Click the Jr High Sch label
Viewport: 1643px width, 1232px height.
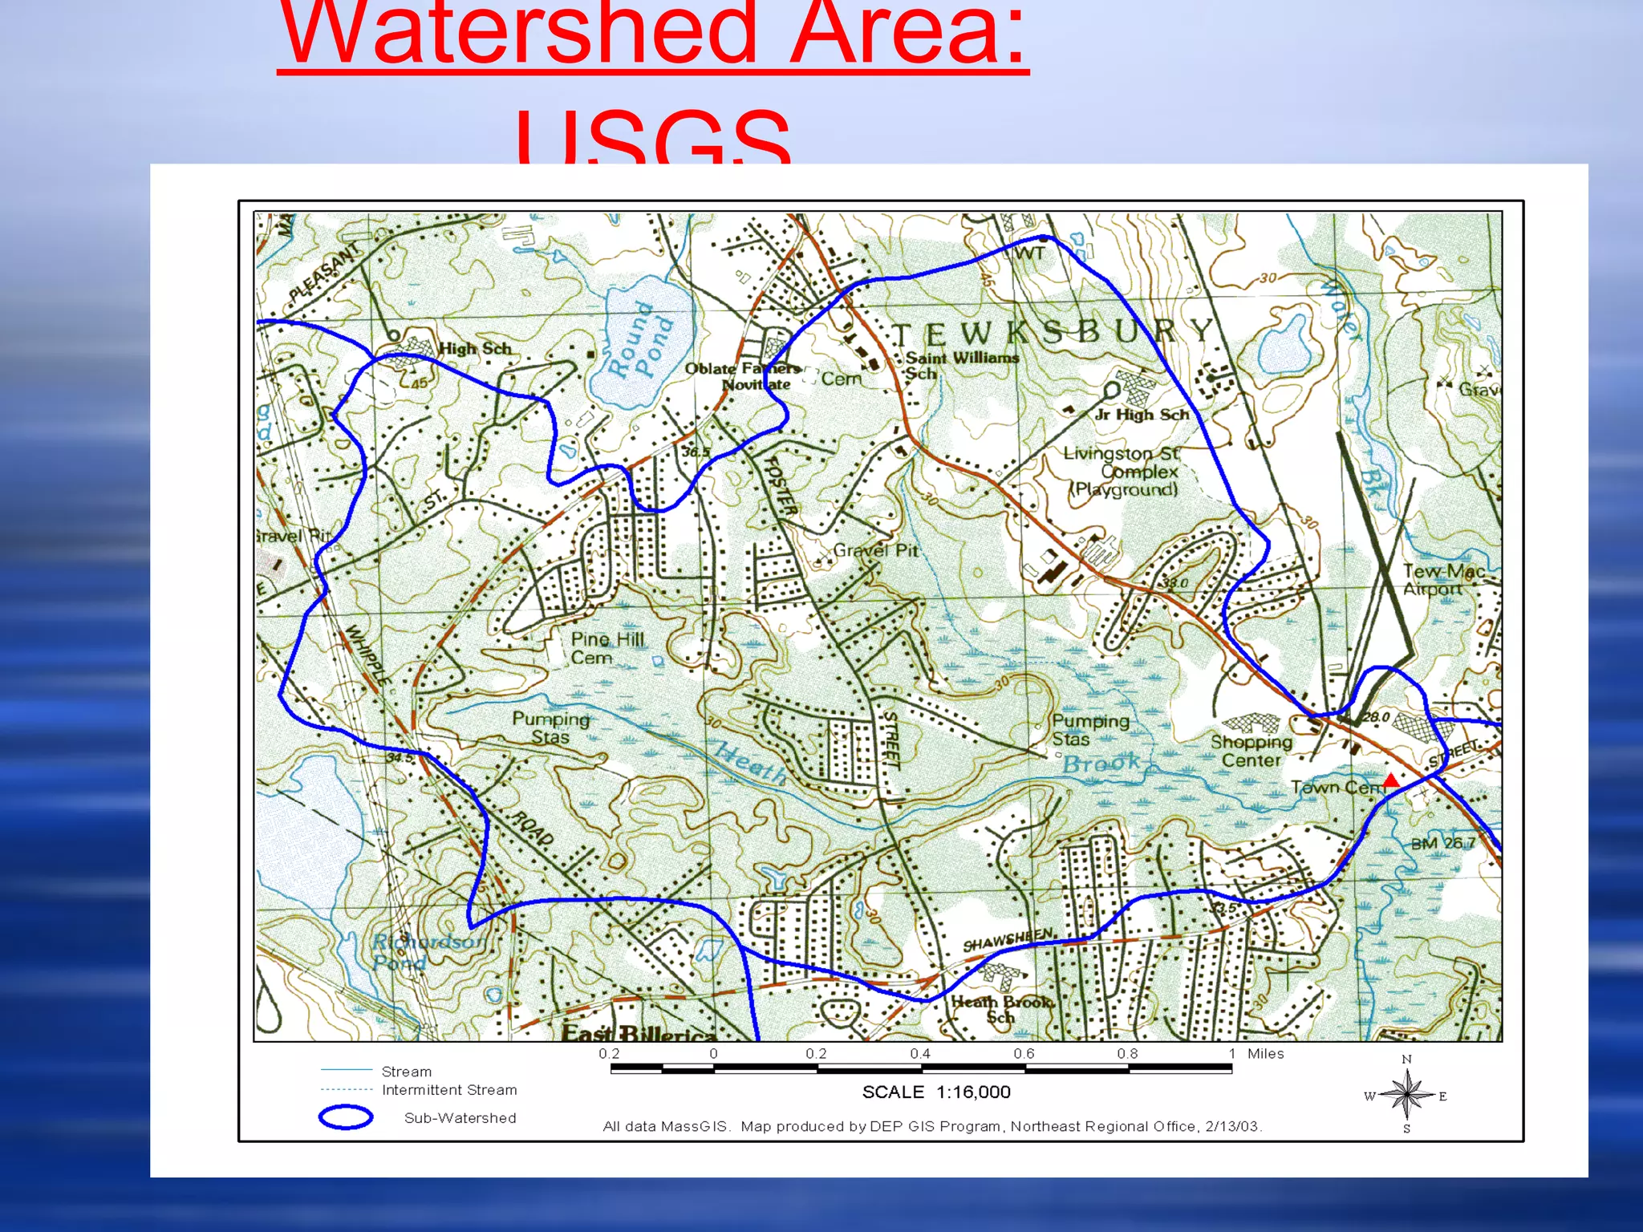[x=1142, y=415]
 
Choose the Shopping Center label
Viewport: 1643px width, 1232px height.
[x=1251, y=751]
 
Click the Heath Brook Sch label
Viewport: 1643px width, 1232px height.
[x=1002, y=1009]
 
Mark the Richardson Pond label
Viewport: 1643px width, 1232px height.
[x=427, y=950]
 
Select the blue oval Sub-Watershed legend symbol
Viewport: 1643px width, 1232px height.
[x=346, y=1117]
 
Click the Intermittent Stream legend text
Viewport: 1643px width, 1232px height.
[x=449, y=1090]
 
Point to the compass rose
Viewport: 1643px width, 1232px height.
[x=1406, y=1096]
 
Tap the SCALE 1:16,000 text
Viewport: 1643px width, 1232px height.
[x=936, y=1092]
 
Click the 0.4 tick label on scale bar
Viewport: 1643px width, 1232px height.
[x=919, y=1054]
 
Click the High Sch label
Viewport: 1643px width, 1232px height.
[x=475, y=348]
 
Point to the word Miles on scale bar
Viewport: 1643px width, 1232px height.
[x=1265, y=1054]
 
